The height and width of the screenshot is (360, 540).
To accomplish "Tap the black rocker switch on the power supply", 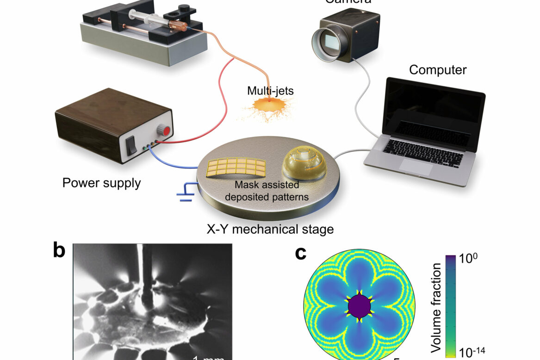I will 133,145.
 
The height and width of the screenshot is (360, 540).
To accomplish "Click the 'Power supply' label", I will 101,183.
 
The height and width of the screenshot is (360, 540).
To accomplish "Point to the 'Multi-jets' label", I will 270,91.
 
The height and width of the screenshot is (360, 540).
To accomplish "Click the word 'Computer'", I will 437,70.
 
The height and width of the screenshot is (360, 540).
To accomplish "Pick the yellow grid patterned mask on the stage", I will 236,170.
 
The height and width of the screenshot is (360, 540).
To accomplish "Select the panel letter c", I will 301,253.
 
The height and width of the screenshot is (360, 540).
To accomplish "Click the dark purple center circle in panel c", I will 359,306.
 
